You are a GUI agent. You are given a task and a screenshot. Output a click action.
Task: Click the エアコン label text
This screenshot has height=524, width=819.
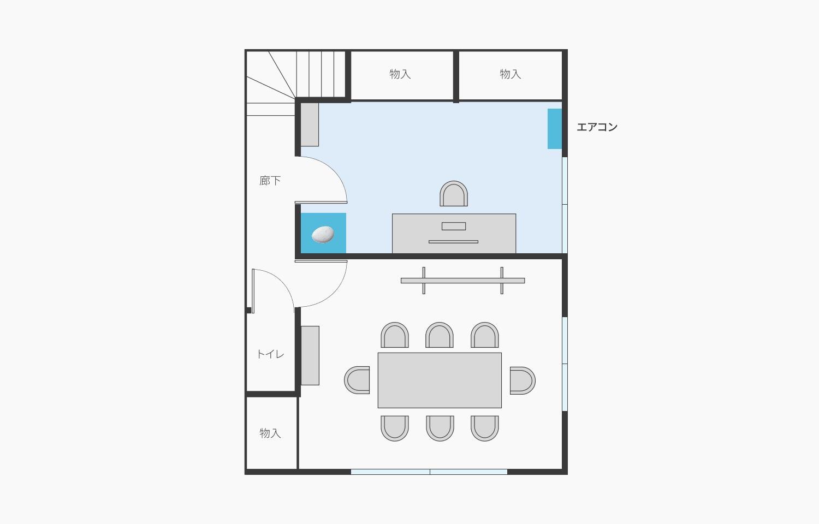click(x=597, y=127)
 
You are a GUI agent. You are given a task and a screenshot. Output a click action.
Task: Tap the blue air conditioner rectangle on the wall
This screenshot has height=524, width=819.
click(x=555, y=129)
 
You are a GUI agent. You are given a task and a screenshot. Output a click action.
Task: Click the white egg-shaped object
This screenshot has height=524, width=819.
click(x=323, y=234)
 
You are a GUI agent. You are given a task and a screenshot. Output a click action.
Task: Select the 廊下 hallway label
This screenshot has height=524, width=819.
click(x=270, y=181)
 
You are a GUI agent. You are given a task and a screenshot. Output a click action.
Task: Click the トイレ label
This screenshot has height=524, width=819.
click(x=271, y=354)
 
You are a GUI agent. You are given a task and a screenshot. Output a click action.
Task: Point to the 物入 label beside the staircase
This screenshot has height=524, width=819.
click(x=400, y=74)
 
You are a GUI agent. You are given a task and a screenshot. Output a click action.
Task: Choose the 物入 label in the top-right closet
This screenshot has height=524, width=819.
click(x=511, y=74)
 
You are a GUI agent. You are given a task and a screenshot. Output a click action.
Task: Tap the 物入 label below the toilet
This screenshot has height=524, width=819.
click(x=270, y=433)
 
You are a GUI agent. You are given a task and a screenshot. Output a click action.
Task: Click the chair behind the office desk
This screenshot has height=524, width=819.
click(x=454, y=194)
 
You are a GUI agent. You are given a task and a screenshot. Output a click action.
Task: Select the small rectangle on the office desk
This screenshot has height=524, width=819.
click(x=454, y=226)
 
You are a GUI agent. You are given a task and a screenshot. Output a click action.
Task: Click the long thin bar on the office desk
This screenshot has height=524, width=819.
click(x=453, y=242)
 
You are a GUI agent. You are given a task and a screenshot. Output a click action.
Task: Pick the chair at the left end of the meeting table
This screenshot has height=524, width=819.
click(x=357, y=380)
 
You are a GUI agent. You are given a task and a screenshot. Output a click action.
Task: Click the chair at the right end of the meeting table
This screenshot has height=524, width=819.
click(x=523, y=380)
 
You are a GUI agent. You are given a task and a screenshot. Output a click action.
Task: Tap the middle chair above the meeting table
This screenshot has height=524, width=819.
click(x=440, y=335)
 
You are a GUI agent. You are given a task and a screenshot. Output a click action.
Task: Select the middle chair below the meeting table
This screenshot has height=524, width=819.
click(x=440, y=428)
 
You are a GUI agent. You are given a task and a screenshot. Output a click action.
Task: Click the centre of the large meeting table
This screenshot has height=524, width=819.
click(x=440, y=380)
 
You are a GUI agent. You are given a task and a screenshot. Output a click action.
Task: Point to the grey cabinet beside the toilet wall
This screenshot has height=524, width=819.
click(x=310, y=355)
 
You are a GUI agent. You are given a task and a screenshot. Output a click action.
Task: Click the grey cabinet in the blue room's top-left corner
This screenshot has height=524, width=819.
click(x=310, y=124)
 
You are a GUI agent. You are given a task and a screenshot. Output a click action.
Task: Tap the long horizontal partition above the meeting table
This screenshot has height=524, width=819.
click(x=463, y=281)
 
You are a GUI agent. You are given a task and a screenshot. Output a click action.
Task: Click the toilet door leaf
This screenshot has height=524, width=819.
click(x=253, y=291)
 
